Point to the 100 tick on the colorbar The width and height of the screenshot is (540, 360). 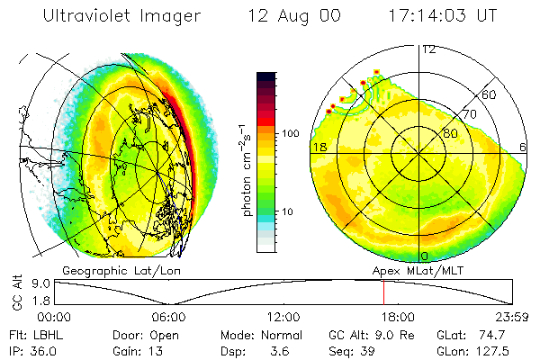[291, 133]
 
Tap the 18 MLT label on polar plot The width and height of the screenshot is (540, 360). [319, 146]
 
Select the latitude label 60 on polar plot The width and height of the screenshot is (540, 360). [489, 94]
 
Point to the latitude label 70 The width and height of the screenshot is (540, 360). [469, 114]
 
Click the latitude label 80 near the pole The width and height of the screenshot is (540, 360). [449, 134]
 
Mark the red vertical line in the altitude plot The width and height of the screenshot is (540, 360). [383, 292]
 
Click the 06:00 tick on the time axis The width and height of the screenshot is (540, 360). [168, 317]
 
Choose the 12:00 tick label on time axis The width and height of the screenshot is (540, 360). [283, 317]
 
